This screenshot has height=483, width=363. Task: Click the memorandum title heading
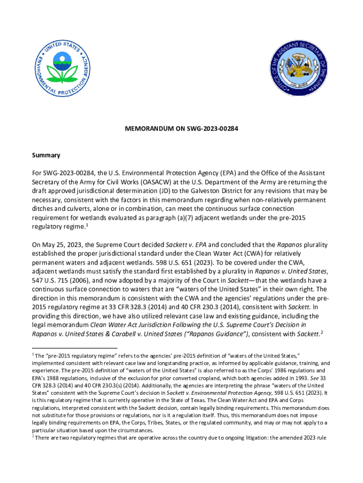tap(181, 128)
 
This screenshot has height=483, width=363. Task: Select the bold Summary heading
tap(46, 155)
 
